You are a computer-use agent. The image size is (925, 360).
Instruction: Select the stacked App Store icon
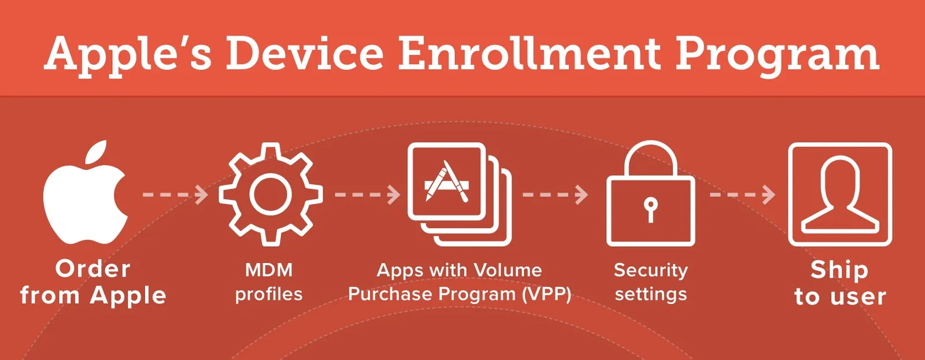459,194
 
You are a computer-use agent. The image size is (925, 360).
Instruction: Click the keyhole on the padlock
650,209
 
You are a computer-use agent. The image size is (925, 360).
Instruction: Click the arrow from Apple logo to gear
175,195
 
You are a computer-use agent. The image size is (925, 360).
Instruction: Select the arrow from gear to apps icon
367,195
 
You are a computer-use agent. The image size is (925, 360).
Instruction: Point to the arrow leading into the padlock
555,195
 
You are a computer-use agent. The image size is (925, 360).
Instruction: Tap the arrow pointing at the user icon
742,195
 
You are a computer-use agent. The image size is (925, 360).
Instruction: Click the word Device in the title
304,54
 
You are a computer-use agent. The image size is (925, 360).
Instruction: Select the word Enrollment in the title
529,54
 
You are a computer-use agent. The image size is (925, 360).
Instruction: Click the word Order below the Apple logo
93,269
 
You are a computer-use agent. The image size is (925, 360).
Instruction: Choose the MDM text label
269,270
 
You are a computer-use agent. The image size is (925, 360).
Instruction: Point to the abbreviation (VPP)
546,294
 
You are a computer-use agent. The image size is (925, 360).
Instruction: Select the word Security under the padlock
651,271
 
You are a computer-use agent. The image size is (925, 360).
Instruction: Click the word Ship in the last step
839,270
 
